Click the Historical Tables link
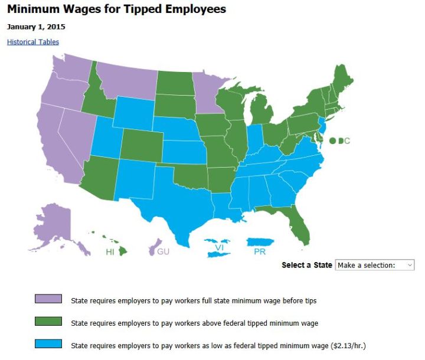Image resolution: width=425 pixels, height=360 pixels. (x=33, y=42)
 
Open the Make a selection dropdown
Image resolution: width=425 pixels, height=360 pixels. (x=374, y=265)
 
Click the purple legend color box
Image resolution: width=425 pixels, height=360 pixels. (x=48, y=299)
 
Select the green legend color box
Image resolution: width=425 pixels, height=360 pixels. (x=48, y=322)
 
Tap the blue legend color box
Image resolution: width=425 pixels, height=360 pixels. (x=48, y=344)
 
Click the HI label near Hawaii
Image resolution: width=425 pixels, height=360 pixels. (x=110, y=252)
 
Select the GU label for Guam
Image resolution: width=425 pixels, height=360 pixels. (x=164, y=252)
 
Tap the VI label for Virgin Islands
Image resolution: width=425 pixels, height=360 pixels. (x=219, y=247)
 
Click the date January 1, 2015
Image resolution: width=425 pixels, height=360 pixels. (x=36, y=27)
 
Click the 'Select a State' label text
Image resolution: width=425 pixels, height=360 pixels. (x=306, y=265)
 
